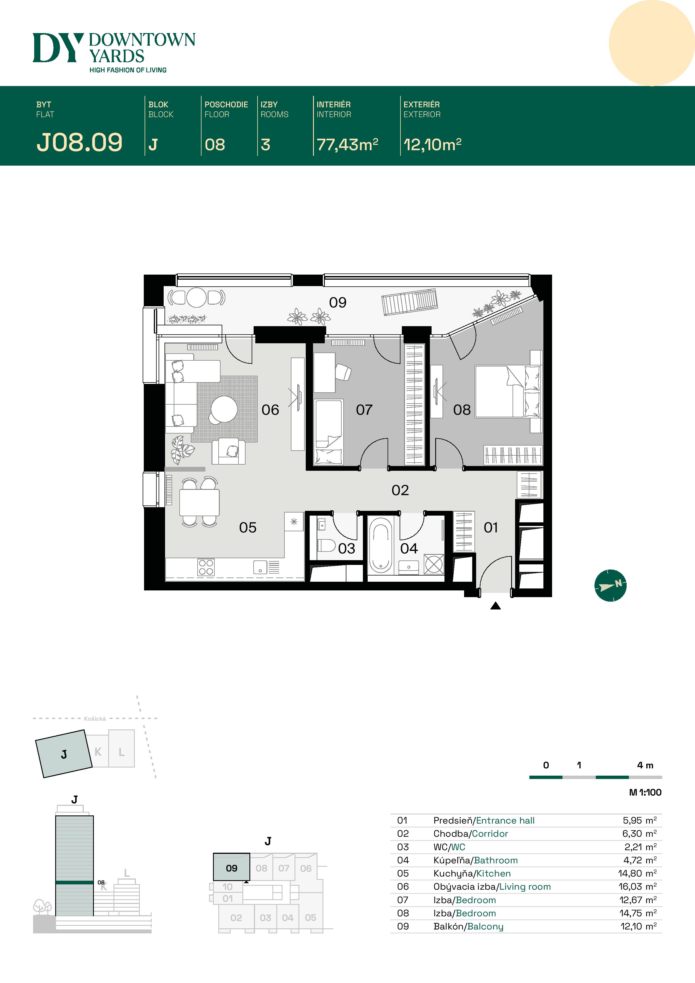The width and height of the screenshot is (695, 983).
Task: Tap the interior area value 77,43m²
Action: [347, 144]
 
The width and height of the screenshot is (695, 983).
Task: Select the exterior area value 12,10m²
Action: [432, 144]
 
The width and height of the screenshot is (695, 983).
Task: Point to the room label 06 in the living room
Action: [270, 410]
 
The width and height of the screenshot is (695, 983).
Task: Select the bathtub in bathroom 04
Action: [380, 545]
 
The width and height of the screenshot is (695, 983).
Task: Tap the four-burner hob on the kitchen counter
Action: [206, 567]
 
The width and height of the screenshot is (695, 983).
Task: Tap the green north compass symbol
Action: [610, 585]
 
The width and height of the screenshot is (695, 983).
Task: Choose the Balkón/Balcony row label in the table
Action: [469, 926]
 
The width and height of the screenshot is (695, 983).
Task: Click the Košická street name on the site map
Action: [95, 719]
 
